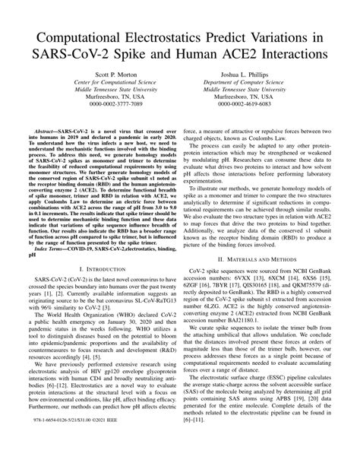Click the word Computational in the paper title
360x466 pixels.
pos(80,37)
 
